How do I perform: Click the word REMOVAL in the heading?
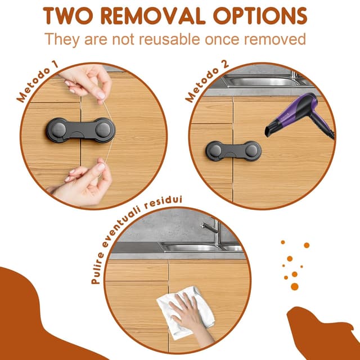[153, 16]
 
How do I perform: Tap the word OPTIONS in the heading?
[260, 16]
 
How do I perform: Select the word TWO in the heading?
[68, 16]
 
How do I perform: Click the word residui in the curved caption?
[163, 202]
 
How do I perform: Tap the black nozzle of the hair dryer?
[271, 129]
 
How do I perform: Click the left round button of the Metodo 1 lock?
[58, 130]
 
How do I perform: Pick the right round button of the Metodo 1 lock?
[103, 130]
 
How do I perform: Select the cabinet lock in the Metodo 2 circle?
[233, 151]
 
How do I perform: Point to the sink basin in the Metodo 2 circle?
[264, 82]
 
